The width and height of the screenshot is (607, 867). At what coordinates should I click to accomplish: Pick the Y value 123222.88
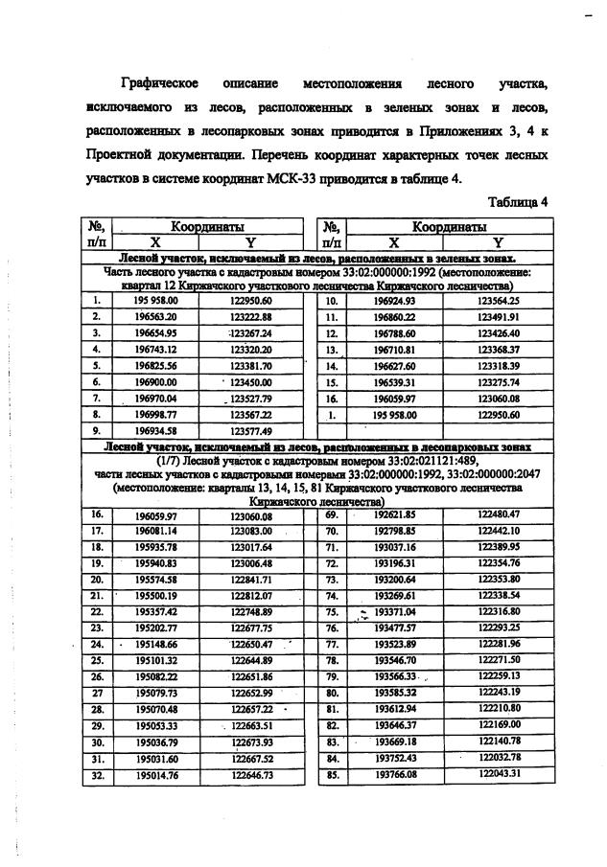pyautogui.click(x=252, y=316)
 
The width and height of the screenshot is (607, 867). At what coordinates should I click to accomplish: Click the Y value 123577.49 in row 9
pyautogui.click(x=252, y=429)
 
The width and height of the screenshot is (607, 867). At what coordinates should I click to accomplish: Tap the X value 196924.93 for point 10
pyautogui.click(x=394, y=301)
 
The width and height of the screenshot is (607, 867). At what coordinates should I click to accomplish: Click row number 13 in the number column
pyautogui.click(x=332, y=349)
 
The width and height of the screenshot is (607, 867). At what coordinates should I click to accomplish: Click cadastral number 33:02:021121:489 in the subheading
pyautogui.click(x=400, y=460)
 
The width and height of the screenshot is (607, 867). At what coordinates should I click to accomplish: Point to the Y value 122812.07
pyautogui.click(x=252, y=595)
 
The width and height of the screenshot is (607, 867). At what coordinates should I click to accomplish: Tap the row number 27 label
pyautogui.click(x=96, y=693)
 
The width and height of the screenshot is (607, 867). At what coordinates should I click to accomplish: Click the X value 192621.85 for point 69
pyautogui.click(x=394, y=514)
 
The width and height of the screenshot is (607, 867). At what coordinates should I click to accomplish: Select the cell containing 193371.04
pyautogui.click(x=394, y=612)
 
